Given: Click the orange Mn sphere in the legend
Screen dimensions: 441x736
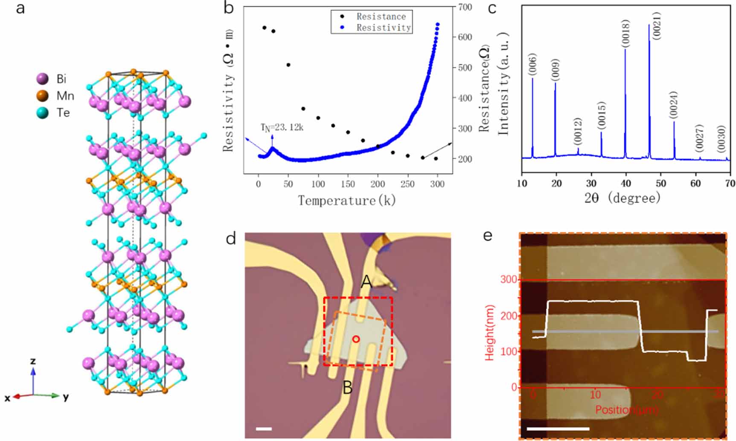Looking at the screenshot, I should (x=42, y=96).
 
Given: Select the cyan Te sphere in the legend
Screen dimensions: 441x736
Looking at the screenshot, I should (x=42, y=113).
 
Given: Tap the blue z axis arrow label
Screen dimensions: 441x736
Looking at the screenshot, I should (x=33, y=361).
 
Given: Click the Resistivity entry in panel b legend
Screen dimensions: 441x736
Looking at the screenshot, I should (x=383, y=28).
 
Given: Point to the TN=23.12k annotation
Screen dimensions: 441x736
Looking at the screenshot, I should (x=282, y=127).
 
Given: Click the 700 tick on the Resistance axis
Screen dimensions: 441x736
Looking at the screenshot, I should (x=465, y=7).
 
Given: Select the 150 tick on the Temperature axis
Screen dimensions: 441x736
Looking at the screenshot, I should (x=348, y=184).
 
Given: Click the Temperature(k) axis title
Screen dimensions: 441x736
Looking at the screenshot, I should (x=346, y=200).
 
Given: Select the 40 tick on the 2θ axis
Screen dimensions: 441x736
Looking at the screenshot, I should (x=626, y=183).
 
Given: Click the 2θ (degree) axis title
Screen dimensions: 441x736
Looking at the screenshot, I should (x=623, y=198).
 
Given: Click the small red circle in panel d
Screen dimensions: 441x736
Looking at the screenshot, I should (x=356, y=339).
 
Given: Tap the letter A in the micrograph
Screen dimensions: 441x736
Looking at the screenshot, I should (x=366, y=281).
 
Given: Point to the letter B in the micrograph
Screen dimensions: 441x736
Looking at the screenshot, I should (x=348, y=388).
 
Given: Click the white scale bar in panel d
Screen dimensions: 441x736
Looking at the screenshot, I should (x=264, y=428).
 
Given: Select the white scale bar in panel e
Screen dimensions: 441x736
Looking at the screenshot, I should (x=558, y=429).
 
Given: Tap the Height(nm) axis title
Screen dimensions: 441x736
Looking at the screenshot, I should (x=490, y=333).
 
